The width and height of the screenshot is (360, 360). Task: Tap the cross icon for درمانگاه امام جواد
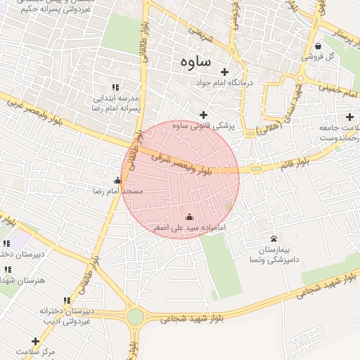point(225,72)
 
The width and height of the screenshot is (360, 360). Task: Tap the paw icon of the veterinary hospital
point(274,239)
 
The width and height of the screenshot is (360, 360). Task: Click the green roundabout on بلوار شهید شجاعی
point(135,316)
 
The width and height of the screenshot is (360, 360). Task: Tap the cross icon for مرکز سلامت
point(35,341)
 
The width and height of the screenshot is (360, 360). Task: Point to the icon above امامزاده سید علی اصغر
point(188,217)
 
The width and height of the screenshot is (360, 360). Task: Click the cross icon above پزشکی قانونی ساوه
point(204,115)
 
